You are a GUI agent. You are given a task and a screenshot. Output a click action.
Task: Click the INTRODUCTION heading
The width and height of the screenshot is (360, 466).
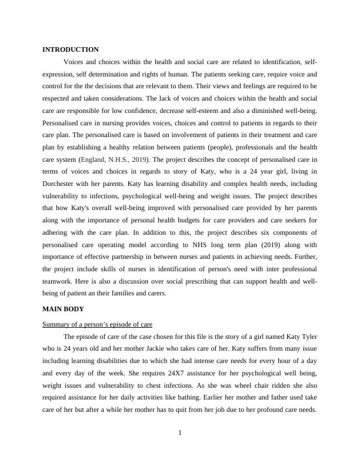point(71,49)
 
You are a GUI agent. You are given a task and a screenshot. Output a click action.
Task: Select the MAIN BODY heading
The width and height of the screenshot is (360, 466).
point(63,308)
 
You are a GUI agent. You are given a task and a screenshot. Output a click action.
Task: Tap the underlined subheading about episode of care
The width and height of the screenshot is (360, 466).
point(98,324)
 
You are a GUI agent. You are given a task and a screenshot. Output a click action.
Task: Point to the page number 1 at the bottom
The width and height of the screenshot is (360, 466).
point(180,434)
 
